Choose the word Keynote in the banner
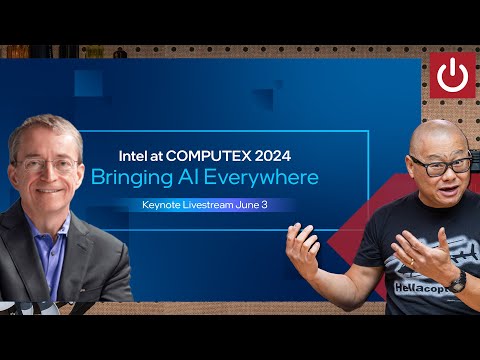point(164,205)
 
